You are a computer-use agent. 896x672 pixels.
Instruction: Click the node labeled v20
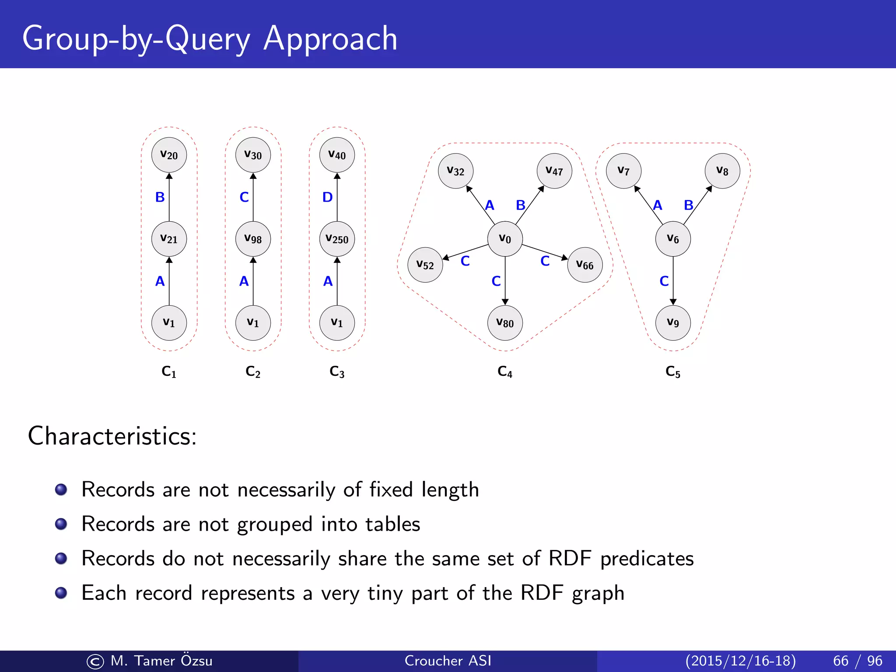click(x=169, y=155)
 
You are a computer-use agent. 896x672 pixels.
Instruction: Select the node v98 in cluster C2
click(x=253, y=239)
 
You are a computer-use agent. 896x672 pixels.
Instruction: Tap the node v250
click(x=337, y=239)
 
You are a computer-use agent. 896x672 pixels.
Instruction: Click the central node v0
click(x=505, y=239)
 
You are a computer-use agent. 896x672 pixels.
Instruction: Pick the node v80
click(x=505, y=323)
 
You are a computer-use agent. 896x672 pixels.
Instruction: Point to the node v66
click(x=585, y=265)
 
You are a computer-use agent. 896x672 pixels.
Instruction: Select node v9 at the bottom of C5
click(x=673, y=323)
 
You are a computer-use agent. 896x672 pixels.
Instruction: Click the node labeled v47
click(x=554, y=171)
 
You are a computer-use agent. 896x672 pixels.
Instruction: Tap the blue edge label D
click(x=327, y=197)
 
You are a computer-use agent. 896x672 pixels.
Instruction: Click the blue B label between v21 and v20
click(x=160, y=197)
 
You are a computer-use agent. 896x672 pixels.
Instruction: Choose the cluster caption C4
click(x=505, y=372)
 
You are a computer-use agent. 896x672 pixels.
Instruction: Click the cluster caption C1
click(x=169, y=372)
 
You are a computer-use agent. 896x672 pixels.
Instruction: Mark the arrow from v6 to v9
click(x=673, y=280)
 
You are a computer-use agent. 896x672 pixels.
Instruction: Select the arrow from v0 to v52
click(x=466, y=252)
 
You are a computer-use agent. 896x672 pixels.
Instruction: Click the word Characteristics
click(x=112, y=436)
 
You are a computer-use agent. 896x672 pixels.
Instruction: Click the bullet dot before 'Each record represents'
click(x=61, y=593)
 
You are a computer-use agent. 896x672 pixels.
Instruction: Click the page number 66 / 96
click(x=857, y=661)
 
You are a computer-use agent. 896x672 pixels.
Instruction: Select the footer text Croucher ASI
click(x=448, y=661)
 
